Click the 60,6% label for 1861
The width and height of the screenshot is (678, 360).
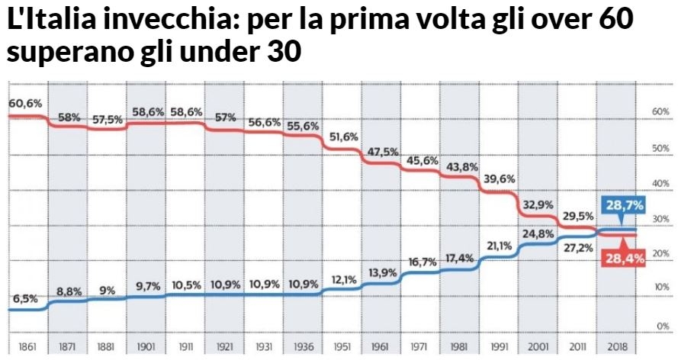pos(25,103)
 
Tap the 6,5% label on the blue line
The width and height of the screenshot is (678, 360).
pos(24,299)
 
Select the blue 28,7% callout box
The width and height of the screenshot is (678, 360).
pos(624,205)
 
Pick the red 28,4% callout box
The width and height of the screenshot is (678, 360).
pos(625,259)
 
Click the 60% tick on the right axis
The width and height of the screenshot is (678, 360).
pos(660,111)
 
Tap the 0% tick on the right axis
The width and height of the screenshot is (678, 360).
pos(662,326)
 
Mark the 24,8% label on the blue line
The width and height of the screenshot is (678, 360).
pos(538,234)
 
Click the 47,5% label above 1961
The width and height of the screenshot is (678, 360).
pos(382,151)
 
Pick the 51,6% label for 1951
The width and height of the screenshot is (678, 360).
pos(342,137)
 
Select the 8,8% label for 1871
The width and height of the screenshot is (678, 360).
pos(69,291)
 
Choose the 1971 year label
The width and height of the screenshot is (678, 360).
pos(418,347)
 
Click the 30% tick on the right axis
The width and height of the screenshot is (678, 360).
pos(660,219)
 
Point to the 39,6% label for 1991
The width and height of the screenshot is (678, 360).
pos(498,178)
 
